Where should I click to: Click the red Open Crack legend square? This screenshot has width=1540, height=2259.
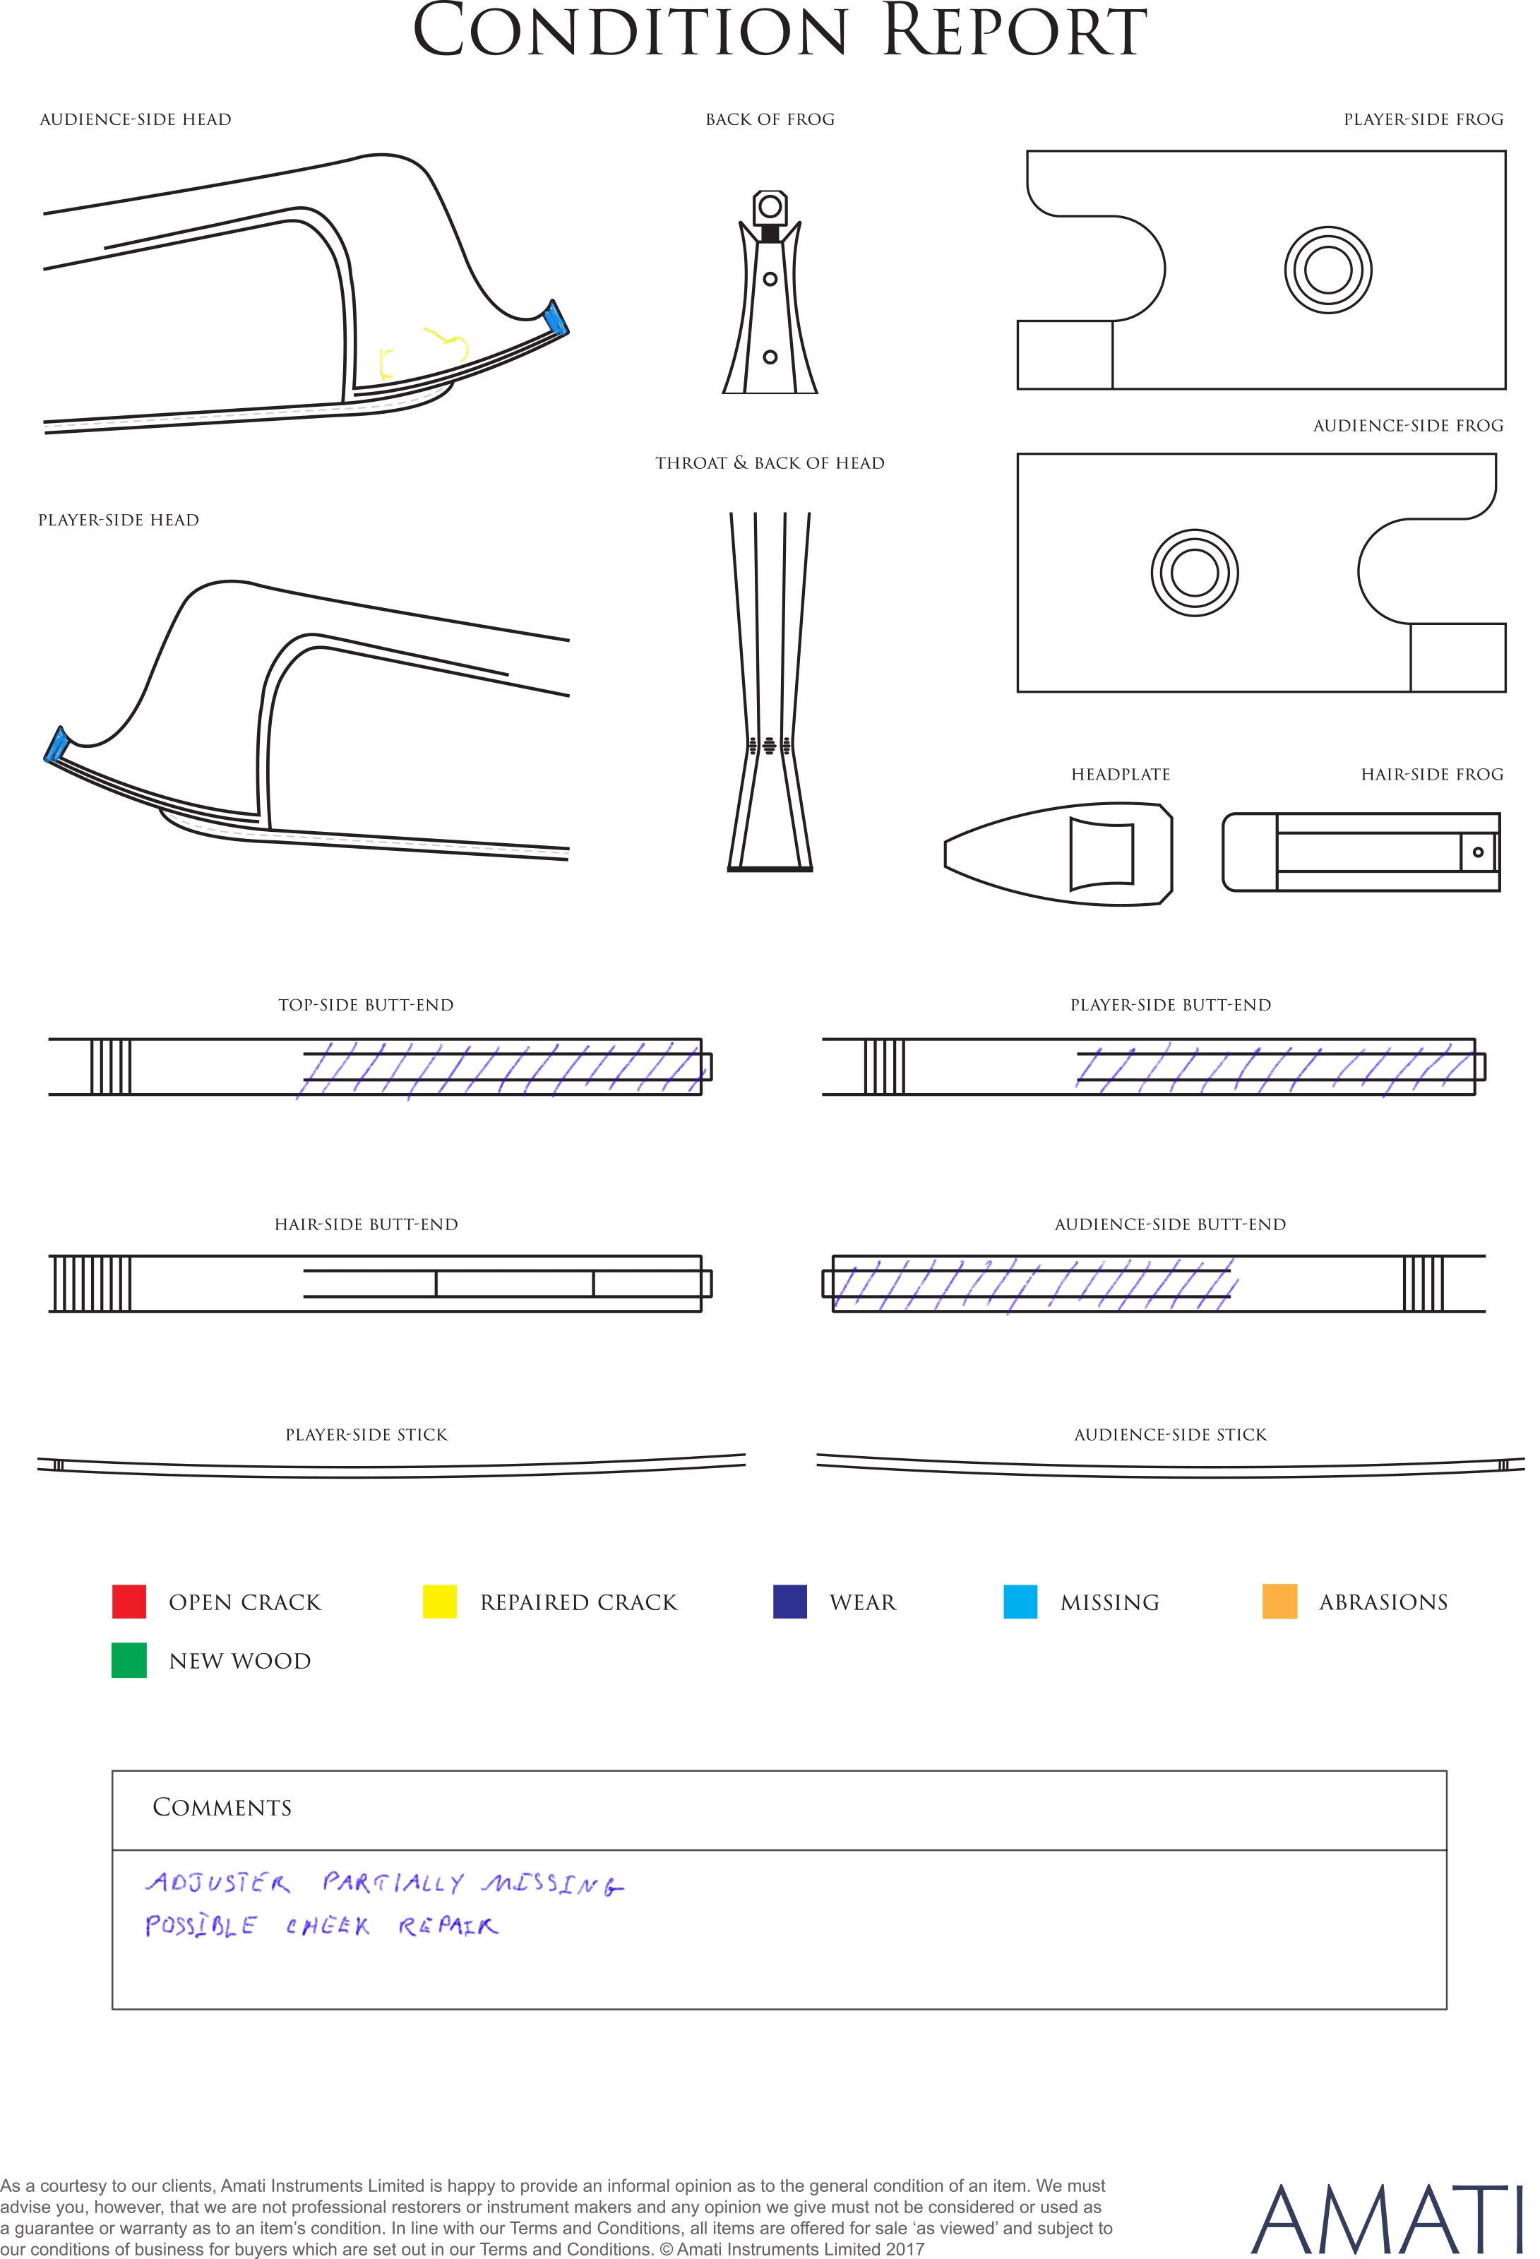[x=129, y=1601]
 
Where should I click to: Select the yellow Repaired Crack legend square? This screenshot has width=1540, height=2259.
[x=439, y=1601]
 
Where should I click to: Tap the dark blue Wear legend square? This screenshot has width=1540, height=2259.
[x=789, y=1601]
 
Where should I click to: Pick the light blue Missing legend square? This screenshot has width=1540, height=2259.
[x=1020, y=1601]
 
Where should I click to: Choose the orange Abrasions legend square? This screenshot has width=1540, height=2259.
[x=1279, y=1601]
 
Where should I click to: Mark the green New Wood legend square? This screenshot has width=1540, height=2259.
[x=129, y=1660]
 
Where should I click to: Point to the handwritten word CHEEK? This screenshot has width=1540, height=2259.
[x=328, y=1926]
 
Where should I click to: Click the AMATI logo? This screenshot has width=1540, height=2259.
[x=1385, y=2219]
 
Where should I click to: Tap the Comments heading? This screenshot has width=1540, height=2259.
[x=222, y=1807]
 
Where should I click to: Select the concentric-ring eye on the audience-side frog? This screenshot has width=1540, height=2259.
[x=1195, y=573]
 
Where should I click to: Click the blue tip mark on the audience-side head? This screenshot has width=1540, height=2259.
[x=556, y=318]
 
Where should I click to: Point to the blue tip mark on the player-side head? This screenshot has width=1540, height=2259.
[x=56, y=744]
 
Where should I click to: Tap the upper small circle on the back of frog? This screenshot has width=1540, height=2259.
[x=770, y=279]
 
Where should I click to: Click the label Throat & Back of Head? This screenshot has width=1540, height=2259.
[x=770, y=463]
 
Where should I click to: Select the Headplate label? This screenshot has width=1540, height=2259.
[x=1121, y=775]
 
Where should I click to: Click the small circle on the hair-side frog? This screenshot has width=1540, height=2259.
[x=1478, y=852]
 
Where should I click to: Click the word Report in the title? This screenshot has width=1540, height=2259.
[x=1014, y=31]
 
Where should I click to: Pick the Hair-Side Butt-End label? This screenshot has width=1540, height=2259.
[x=366, y=1224]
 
